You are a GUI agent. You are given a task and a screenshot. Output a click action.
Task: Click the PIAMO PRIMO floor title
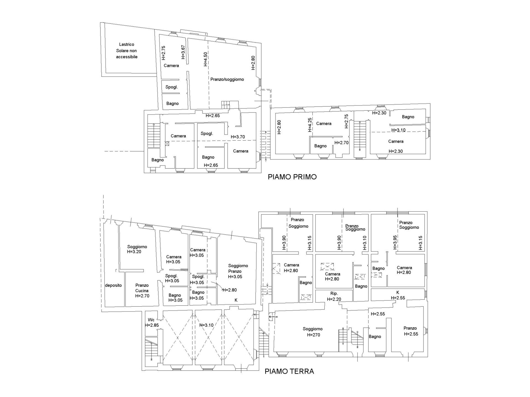(x=292, y=177)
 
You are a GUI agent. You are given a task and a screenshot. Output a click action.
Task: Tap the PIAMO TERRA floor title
(x=289, y=371)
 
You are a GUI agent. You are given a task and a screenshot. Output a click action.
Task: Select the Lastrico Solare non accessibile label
(x=127, y=50)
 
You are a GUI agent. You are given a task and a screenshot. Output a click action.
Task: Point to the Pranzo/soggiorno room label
(x=227, y=79)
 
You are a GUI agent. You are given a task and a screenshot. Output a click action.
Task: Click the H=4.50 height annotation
(x=205, y=59)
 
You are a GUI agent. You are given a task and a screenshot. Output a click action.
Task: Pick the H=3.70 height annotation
(x=238, y=137)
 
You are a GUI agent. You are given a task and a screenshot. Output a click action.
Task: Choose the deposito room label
(x=113, y=285)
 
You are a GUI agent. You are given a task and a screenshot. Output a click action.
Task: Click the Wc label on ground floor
(x=151, y=320)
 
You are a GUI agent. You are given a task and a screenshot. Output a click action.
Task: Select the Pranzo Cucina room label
(x=142, y=288)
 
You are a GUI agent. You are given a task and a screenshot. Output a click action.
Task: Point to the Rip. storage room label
(x=334, y=293)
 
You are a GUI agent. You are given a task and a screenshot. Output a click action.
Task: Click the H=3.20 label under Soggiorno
(x=134, y=252)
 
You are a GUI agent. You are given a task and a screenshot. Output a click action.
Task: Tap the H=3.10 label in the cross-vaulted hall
(x=206, y=325)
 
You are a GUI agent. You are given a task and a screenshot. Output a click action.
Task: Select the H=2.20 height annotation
(x=334, y=299)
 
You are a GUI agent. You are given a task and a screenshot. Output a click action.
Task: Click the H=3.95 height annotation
(x=395, y=243)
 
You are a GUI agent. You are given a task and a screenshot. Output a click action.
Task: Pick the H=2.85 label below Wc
(x=152, y=325)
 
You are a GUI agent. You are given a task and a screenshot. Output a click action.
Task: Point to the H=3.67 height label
(x=183, y=52)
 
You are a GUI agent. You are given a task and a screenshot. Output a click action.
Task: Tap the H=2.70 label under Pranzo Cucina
(x=142, y=296)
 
